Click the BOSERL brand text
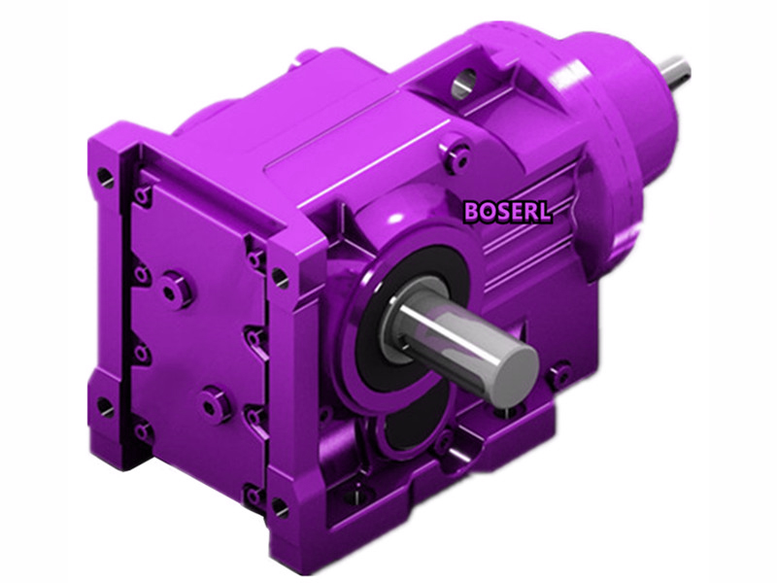point(507,211)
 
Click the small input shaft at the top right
point(674,69)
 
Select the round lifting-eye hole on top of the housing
point(464,84)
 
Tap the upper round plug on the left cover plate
point(176,289)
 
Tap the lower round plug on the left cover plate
point(216,402)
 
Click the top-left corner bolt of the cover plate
point(143,196)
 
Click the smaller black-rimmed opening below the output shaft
point(408,423)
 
